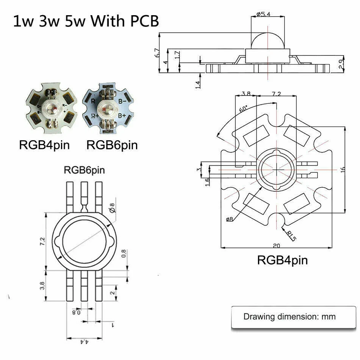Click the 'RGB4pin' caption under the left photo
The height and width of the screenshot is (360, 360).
[44, 145]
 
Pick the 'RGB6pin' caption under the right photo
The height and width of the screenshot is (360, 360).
[112, 145]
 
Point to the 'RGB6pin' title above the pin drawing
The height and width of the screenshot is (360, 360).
[84, 170]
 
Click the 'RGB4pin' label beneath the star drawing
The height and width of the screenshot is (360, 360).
[282, 260]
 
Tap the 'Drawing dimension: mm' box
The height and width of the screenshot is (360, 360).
[290, 316]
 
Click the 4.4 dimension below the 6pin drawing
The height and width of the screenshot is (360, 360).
[84, 342]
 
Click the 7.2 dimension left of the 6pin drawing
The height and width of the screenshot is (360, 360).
[42, 241]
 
